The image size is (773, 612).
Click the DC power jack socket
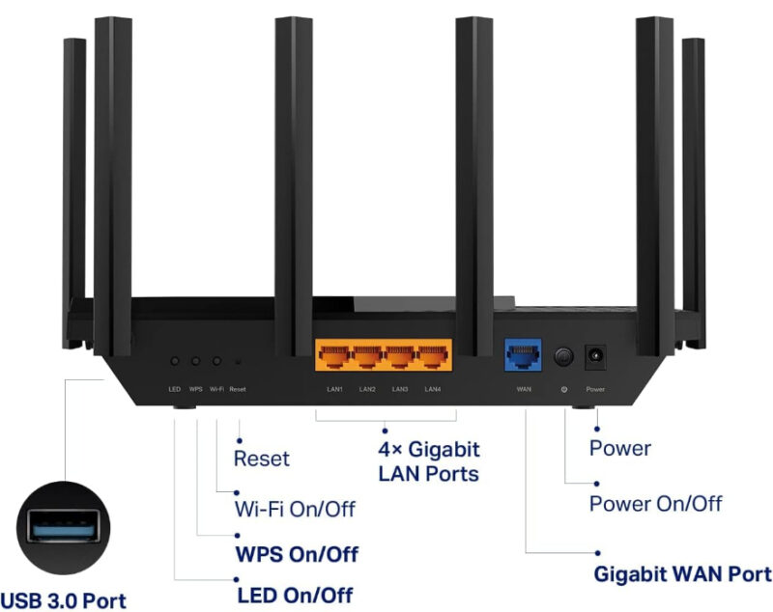tap(595, 358)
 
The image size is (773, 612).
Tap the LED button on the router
tap(174, 360)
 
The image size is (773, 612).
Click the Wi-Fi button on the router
tap(216, 360)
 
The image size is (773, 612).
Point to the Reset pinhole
tap(238, 361)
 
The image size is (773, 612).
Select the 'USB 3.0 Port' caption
tap(63, 600)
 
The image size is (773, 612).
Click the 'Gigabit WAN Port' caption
tap(682, 573)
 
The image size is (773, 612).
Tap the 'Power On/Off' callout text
tap(655, 504)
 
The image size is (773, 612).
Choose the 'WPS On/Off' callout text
tap(297, 554)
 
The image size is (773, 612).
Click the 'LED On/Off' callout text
tap(295, 594)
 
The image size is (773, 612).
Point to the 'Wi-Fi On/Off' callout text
tap(295, 509)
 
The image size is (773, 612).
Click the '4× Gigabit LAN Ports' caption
tap(428, 461)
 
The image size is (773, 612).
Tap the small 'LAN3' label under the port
tap(400, 389)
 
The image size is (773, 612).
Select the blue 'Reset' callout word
tap(261, 459)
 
